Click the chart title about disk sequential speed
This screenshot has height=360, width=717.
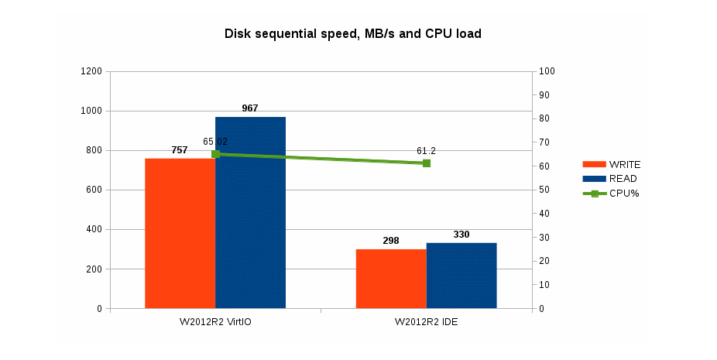point(358,33)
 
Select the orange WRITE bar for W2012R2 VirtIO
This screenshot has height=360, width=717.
point(180,233)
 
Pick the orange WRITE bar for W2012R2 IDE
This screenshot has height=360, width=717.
point(391,279)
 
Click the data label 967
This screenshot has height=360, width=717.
point(250,108)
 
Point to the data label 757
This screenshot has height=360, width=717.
point(180,150)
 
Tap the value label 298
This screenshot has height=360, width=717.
point(391,241)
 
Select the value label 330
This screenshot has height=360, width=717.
point(461,235)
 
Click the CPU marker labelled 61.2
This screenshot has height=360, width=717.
point(427,163)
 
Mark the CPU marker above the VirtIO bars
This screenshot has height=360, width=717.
point(215,154)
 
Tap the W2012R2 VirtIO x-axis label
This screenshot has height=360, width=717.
point(215,322)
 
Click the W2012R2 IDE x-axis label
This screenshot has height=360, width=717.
point(427,322)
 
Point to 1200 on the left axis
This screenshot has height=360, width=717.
point(91,71)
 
